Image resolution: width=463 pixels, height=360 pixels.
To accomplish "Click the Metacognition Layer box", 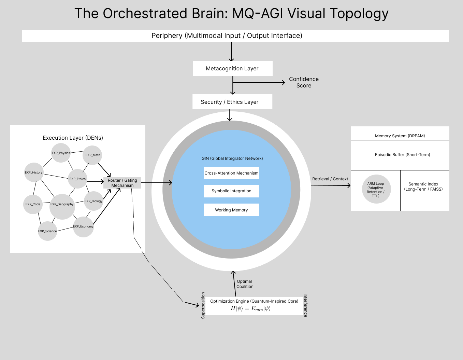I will tap(232, 68).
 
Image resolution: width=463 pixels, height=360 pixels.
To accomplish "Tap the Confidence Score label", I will tap(304, 82).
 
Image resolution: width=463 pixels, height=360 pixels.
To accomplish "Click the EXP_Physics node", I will tap(61, 153).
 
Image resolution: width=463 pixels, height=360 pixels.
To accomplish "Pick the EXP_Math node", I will tap(93, 155).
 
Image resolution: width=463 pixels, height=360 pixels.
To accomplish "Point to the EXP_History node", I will tap(33, 172).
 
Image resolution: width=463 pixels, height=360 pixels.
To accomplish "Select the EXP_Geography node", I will tap(62, 204).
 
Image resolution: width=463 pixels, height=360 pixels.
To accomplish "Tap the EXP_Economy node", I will tap(83, 226).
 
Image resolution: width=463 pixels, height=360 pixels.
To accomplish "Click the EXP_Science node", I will tap(47, 231).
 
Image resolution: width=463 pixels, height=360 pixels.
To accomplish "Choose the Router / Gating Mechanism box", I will tap(122, 183).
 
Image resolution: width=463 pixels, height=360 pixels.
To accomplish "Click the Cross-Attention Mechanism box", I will tap(231, 173).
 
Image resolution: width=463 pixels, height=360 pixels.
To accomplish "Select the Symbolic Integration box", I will tap(231, 191).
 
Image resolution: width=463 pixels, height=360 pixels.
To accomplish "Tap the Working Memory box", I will tap(231, 210).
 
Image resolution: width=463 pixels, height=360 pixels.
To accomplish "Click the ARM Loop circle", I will tap(376, 189).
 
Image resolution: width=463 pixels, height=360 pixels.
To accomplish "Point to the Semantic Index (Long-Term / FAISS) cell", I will tap(423, 186).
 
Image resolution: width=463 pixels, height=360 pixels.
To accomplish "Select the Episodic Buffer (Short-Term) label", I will tap(402, 155).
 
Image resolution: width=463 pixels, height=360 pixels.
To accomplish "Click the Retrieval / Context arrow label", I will tap(330, 179).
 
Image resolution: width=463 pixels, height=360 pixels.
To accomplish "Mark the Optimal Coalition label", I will tap(245, 284).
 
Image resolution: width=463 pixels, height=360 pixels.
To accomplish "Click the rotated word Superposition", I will tap(203, 305).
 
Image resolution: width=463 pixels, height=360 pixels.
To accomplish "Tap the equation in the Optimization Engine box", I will tap(250, 309).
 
